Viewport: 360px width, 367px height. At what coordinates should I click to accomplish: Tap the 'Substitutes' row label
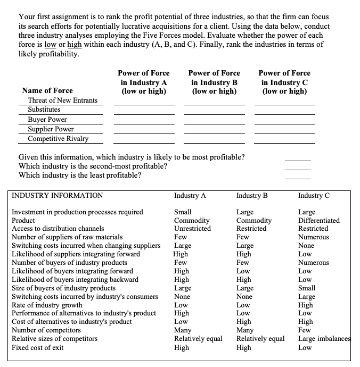(x=44, y=110)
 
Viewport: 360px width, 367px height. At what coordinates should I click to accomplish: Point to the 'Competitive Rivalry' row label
(x=58, y=139)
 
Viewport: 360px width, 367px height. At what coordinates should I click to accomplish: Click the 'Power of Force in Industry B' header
(x=214, y=82)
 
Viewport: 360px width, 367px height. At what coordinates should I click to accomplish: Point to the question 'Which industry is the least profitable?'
(x=80, y=176)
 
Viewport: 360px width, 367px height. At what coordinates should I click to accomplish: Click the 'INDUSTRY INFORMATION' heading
(x=58, y=195)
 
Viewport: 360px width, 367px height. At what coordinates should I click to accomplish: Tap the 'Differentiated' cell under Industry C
(x=319, y=220)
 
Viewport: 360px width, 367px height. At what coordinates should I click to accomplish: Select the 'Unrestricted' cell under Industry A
(x=192, y=229)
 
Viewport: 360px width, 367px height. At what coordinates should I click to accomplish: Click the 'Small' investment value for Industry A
(x=183, y=212)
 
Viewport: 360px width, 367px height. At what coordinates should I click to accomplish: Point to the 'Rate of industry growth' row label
(x=47, y=305)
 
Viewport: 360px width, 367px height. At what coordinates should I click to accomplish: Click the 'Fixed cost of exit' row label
(x=38, y=348)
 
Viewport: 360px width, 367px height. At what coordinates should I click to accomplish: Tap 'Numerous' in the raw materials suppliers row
(x=314, y=237)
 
